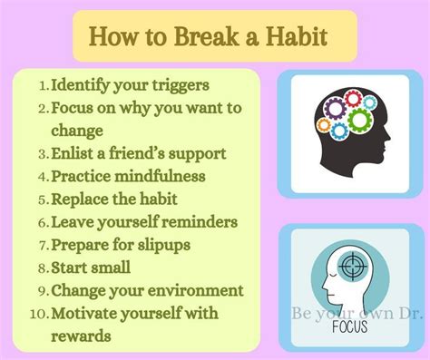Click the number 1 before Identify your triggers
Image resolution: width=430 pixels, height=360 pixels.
tap(43, 86)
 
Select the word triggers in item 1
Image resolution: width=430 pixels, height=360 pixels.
tap(177, 85)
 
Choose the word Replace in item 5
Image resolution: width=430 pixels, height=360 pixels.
tap(83, 199)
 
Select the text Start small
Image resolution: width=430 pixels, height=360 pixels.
tap(90, 268)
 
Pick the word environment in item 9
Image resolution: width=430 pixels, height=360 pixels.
tap(191, 290)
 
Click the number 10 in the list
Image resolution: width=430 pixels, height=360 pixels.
tap(37, 314)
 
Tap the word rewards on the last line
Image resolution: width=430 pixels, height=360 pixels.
tap(81, 336)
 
